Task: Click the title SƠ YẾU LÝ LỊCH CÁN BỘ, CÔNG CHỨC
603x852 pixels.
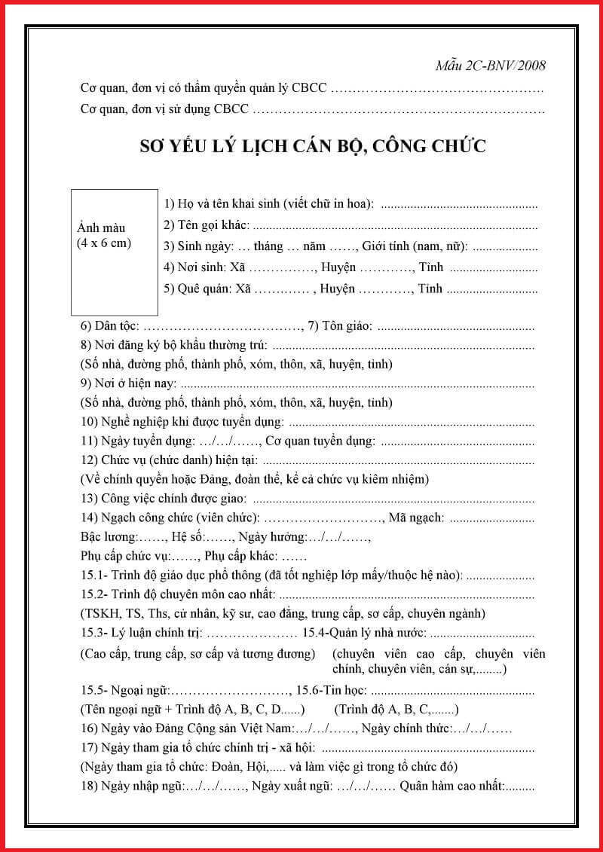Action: click(x=313, y=145)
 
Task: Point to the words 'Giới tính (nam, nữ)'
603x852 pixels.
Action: click(x=414, y=246)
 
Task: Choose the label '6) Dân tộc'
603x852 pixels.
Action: click(x=109, y=326)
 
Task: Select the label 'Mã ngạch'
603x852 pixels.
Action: click(x=415, y=518)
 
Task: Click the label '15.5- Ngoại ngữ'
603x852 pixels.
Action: click(x=125, y=691)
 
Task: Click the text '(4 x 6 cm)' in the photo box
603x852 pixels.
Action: click(x=105, y=243)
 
